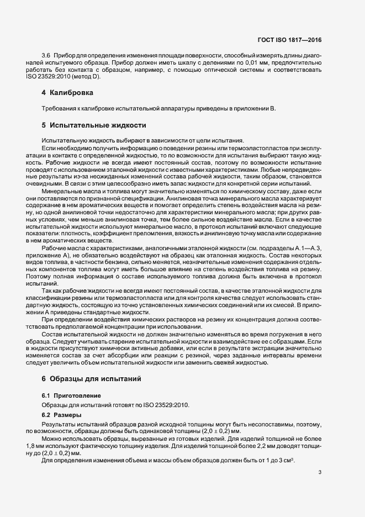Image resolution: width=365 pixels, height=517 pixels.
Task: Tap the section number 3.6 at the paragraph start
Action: coord(46,57)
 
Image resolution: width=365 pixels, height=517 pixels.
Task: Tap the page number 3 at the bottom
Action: coord(320,472)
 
